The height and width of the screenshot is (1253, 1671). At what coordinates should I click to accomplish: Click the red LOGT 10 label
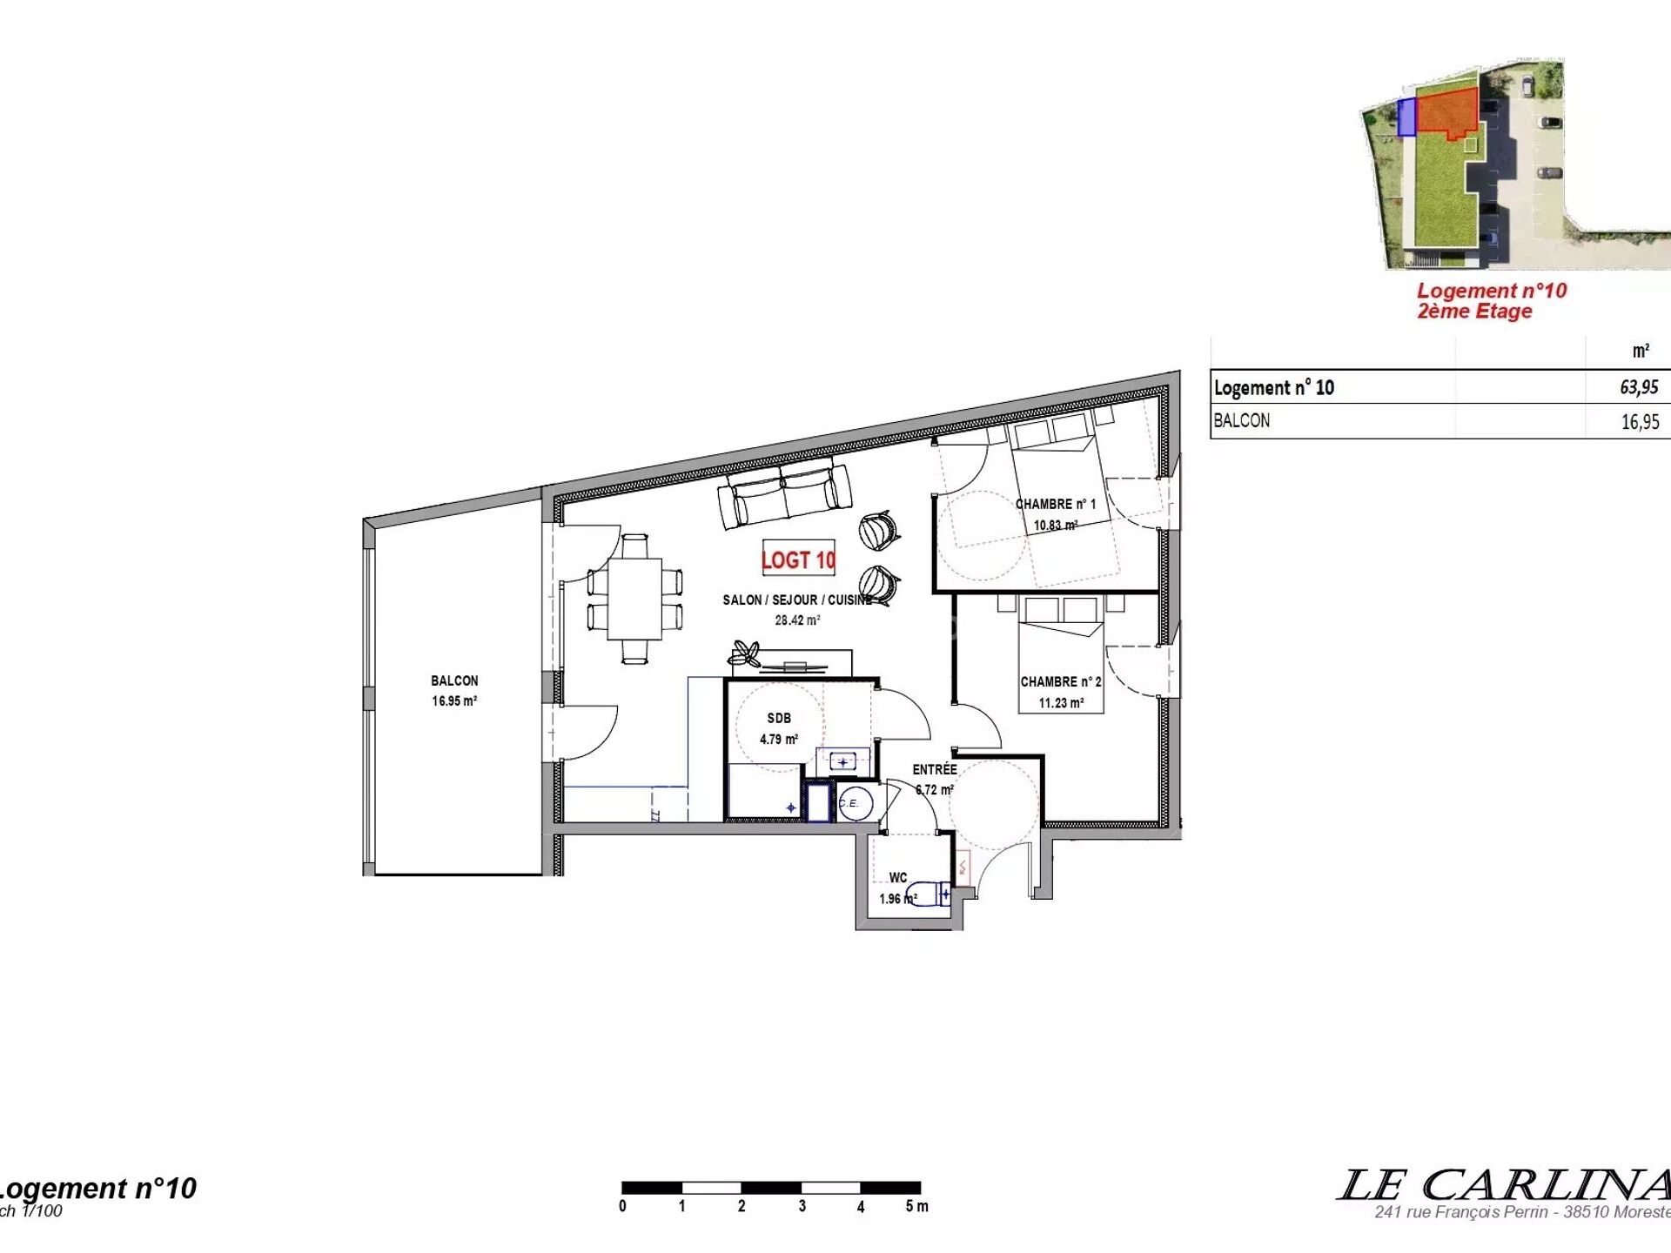(x=798, y=559)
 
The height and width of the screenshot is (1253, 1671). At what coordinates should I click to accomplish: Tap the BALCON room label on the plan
(x=454, y=680)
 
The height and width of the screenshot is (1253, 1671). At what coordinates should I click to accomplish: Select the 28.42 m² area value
(x=797, y=620)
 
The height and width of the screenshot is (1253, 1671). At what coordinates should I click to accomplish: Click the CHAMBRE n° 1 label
(x=1056, y=504)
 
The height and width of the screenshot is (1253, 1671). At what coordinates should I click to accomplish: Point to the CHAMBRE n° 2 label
(x=1061, y=681)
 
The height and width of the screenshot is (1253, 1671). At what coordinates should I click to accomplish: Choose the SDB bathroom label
(x=779, y=718)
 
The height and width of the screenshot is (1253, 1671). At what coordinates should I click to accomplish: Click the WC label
(x=898, y=877)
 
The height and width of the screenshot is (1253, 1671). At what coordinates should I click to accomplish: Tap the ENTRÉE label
(x=935, y=769)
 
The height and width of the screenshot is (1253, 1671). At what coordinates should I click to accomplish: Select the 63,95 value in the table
(x=1639, y=387)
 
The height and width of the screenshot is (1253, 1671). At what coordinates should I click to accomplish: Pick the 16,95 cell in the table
(x=1640, y=422)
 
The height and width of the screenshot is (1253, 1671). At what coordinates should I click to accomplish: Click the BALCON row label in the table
(x=1242, y=420)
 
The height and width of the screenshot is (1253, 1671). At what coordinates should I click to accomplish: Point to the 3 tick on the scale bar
(x=802, y=1206)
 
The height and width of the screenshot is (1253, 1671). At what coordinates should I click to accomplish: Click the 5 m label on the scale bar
(x=916, y=1206)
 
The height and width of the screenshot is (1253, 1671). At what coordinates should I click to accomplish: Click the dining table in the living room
(x=634, y=599)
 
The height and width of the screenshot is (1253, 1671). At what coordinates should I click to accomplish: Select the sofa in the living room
(x=784, y=496)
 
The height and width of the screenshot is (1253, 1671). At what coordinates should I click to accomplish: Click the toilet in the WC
(x=929, y=895)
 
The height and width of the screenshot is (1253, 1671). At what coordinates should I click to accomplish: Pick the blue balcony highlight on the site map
(x=1406, y=117)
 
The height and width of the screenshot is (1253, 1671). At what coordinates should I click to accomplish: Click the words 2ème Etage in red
(x=1474, y=312)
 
